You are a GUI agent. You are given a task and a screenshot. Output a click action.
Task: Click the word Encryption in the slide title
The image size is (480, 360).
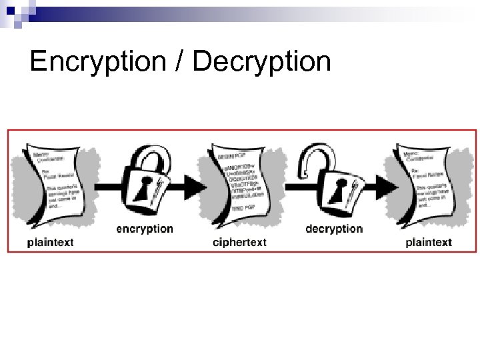click(97, 62)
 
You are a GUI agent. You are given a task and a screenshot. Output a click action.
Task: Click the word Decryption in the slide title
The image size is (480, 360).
click(261, 62)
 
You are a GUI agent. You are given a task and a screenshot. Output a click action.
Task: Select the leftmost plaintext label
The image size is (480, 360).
click(51, 242)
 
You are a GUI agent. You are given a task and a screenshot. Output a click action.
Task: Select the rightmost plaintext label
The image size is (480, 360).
click(428, 242)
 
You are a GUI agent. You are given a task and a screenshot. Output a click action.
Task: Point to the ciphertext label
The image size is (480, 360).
click(239, 242)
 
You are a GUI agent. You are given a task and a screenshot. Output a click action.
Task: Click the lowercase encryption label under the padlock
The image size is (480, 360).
click(145, 229)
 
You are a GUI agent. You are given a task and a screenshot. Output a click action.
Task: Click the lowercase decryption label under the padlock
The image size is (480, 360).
click(334, 229)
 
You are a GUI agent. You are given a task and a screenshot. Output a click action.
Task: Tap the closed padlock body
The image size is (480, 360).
click(145, 190)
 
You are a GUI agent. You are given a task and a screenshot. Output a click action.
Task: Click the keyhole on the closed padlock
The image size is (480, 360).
click(142, 189)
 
